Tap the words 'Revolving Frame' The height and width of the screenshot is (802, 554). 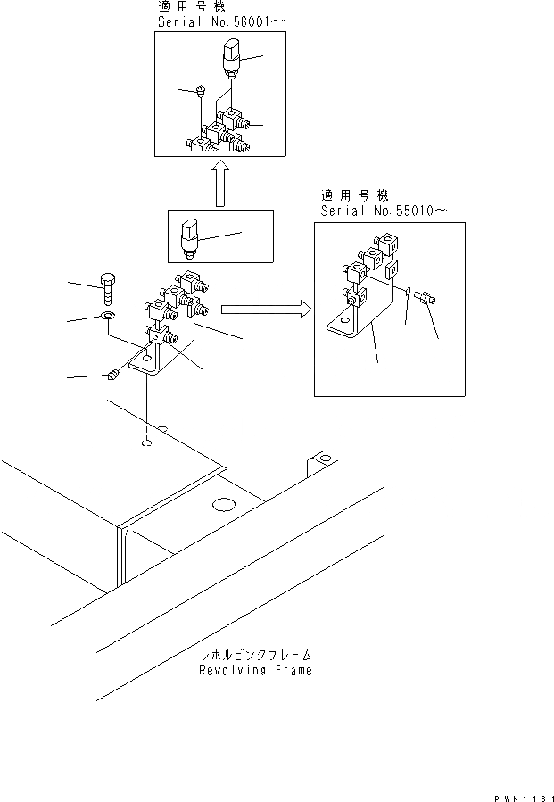[255, 670]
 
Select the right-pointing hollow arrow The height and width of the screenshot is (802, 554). [264, 309]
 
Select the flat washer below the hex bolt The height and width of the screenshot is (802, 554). [107, 317]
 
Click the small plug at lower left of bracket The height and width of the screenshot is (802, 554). [113, 376]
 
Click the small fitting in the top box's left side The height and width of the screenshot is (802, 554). [201, 90]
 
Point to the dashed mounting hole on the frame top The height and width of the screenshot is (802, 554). [145, 442]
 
